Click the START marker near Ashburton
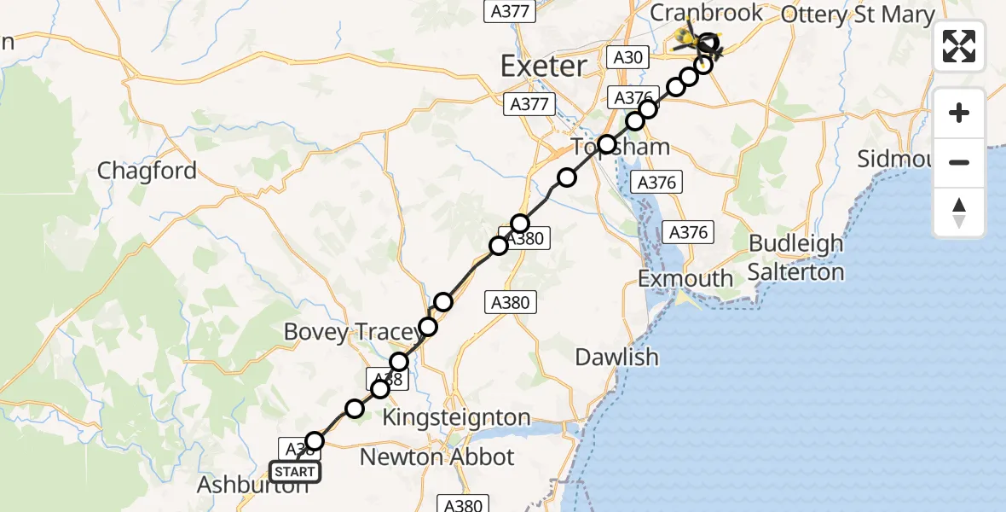click(295, 472)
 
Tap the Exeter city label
click(544, 66)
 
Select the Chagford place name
click(147, 171)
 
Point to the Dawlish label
click(616, 357)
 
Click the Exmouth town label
click(685, 279)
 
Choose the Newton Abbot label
click(437, 457)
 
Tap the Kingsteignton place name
click(456, 418)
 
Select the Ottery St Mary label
click(857, 15)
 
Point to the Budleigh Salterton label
click(795, 258)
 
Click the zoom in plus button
click(959, 113)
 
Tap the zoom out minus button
click(959, 162)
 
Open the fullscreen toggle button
click(959, 46)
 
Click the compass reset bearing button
click(959, 212)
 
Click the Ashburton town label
click(252, 486)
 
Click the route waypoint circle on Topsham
click(606, 144)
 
